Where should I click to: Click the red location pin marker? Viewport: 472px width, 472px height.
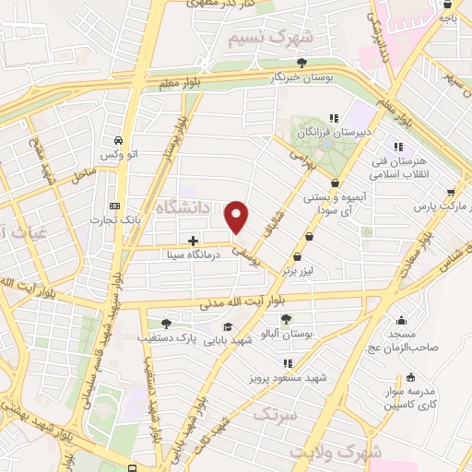(x=238, y=217)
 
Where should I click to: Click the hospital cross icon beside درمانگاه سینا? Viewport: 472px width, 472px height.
(x=194, y=240)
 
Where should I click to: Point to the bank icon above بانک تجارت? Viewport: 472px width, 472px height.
(x=113, y=206)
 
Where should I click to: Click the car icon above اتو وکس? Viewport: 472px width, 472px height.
(x=118, y=140)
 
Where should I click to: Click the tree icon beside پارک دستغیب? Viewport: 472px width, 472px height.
(x=166, y=324)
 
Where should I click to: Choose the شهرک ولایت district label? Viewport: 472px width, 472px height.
(x=334, y=452)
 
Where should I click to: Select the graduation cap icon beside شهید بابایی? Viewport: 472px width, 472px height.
(x=227, y=327)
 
